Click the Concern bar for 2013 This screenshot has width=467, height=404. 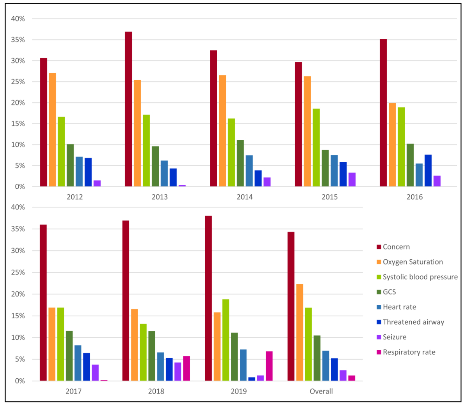pyautogui.click(x=128, y=109)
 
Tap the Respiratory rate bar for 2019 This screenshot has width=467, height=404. pyautogui.click(x=269, y=366)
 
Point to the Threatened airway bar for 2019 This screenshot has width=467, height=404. pyautogui.click(x=252, y=379)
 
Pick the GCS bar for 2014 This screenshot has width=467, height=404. pyautogui.click(x=240, y=163)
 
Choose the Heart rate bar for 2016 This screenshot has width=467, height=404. pyautogui.click(x=419, y=175)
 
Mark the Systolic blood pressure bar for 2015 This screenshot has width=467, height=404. pyautogui.click(x=316, y=148)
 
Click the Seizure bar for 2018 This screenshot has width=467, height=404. pyautogui.click(x=178, y=372)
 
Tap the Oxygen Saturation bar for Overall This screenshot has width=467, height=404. pyautogui.click(x=300, y=332)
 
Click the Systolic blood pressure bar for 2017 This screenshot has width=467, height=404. pyautogui.click(x=60, y=344)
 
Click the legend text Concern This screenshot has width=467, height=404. pyautogui.click(x=396, y=247)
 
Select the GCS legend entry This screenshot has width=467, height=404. pyautogui.click(x=389, y=292)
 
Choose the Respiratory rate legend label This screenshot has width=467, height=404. pyautogui.click(x=409, y=352)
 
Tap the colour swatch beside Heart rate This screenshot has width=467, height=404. pyautogui.click(x=379, y=307)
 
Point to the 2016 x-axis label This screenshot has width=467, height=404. pyautogui.click(x=414, y=197)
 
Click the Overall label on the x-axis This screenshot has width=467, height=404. pyautogui.click(x=321, y=391)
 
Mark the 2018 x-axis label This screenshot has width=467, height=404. pyautogui.click(x=156, y=391)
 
